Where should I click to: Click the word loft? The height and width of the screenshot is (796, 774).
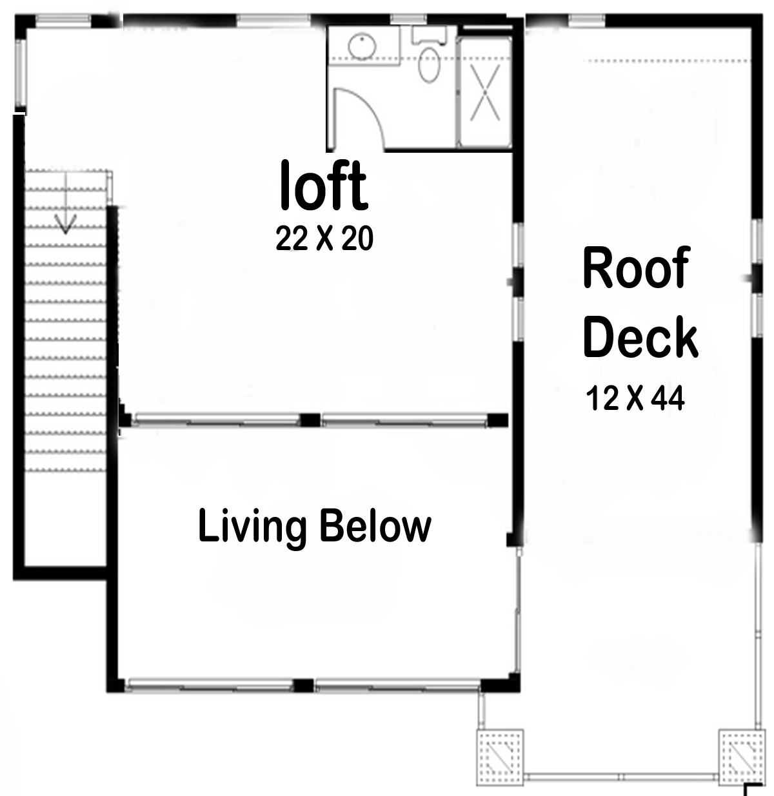323,185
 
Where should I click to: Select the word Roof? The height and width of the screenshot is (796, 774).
637,267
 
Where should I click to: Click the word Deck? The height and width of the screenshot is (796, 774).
640,337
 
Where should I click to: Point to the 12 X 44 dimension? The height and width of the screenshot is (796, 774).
635,398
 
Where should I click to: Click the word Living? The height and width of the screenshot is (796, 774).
252,527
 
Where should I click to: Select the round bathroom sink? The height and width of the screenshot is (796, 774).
362,46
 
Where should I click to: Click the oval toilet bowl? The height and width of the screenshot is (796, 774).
429,66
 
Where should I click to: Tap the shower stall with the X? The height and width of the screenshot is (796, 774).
485,92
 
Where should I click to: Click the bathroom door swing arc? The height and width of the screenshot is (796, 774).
366,110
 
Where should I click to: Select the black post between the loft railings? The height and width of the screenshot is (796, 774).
310,420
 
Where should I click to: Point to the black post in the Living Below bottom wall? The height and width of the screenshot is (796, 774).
303,685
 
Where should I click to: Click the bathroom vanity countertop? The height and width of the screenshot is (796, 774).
364,45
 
